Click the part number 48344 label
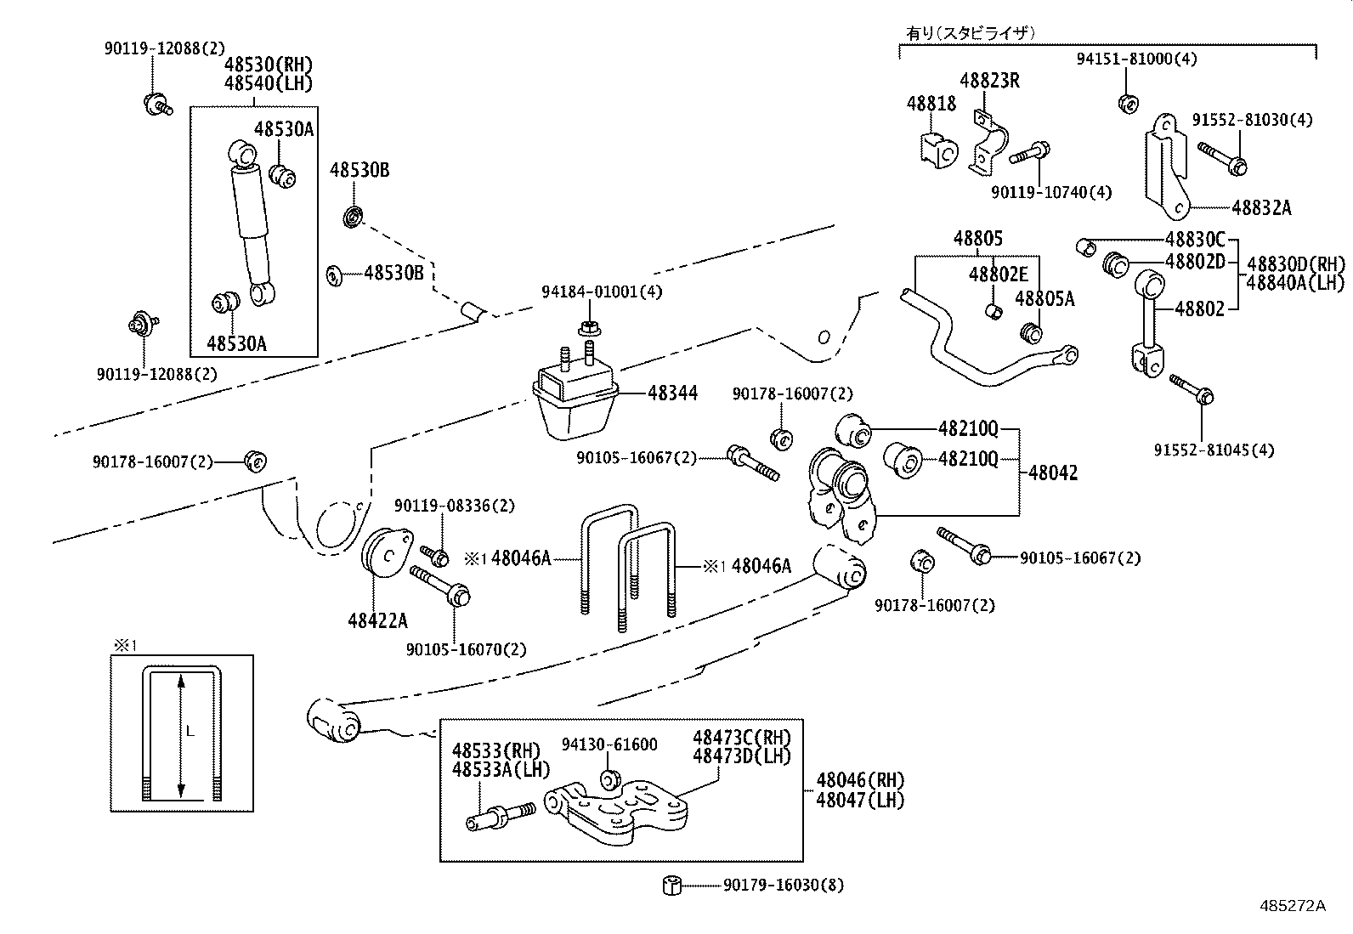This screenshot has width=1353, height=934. point(672,393)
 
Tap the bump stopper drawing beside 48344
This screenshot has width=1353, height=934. point(575,399)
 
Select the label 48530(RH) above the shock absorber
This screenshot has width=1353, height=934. point(269,65)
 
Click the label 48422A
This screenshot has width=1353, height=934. point(377,620)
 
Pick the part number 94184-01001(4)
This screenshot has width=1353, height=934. point(602,292)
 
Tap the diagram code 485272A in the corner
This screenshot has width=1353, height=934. point(1293,905)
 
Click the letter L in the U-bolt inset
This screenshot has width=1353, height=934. point(190,730)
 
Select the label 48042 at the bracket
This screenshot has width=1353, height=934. point(1053,473)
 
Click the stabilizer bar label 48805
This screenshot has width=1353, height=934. point(977,239)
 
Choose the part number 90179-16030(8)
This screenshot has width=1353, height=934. point(784,885)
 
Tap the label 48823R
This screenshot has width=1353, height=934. point(989,81)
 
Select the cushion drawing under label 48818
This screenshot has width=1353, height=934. point(937,149)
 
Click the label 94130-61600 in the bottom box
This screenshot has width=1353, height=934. point(609,744)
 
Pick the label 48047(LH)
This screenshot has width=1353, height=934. point(860,800)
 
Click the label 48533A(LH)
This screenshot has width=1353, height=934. point(501,770)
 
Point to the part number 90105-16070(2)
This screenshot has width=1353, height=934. point(466,649)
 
